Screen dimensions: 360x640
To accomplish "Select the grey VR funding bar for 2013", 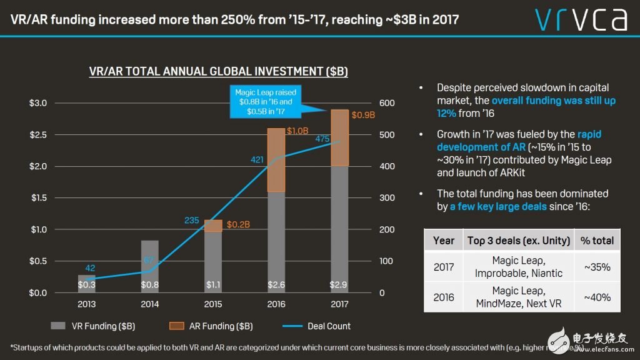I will click(x=86, y=283).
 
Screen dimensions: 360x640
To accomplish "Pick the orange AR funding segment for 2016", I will click(x=276, y=160).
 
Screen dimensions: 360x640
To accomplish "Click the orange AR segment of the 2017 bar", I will click(x=339, y=137).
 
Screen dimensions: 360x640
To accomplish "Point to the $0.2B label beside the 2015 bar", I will click(x=239, y=224).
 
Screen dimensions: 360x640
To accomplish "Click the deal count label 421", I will click(x=257, y=161).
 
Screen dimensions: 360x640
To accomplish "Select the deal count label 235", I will click(x=192, y=220).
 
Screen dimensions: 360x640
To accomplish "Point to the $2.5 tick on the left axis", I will click(x=38, y=134).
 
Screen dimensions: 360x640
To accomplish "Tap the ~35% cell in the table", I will click(x=597, y=267).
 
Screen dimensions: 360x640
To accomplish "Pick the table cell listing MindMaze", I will click(x=518, y=297).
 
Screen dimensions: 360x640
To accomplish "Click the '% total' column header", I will click(x=597, y=240).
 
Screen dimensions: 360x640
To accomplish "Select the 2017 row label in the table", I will click(x=444, y=267).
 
